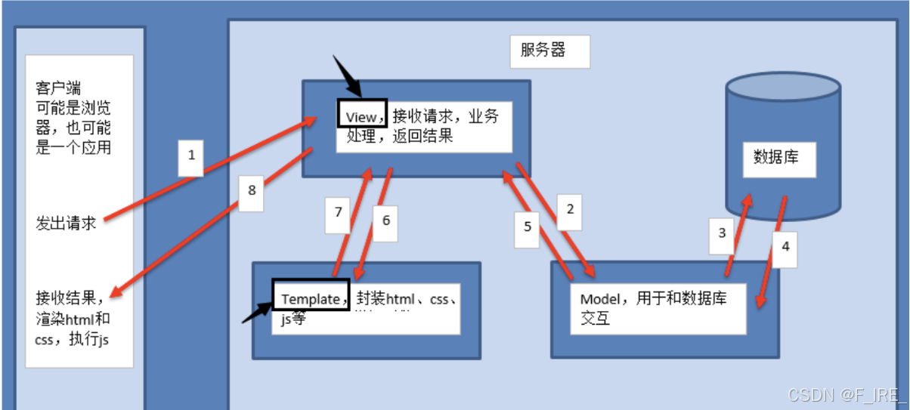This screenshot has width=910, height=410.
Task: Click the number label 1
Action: (x=191, y=156)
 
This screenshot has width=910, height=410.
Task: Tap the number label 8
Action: (x=252, y=190)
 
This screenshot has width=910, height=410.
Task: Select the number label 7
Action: (x=339, y=213)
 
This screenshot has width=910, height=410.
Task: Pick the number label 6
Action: (x=385, y=220)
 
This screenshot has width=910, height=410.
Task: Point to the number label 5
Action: (x=528, y=226)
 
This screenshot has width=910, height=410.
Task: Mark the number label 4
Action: (x=785, y=246)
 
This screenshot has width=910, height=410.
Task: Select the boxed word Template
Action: (x=311, y=298)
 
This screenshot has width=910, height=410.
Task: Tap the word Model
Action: (x=599, y=298)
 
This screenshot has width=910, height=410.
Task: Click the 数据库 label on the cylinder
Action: (x=776, y=157)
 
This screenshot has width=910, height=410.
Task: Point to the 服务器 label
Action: (x=543, y=51)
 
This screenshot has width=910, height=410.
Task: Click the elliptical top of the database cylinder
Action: (x=782, y=88)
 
